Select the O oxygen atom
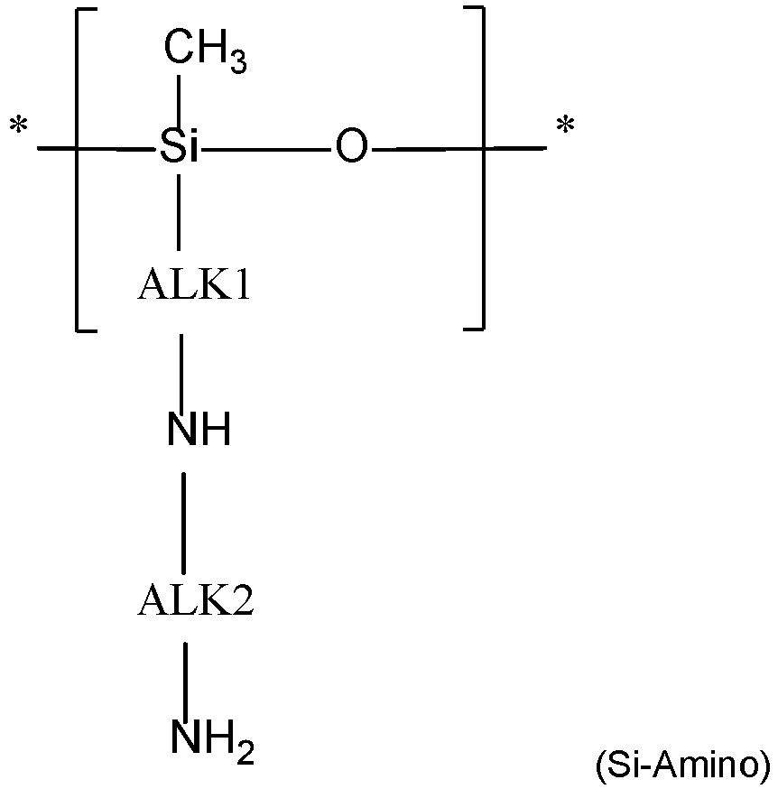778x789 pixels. click(351, 146)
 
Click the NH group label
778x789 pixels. click(199, 431)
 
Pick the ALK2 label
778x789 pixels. click(196, 600)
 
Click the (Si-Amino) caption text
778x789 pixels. click(681, 766)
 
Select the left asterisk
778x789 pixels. click(17, 127)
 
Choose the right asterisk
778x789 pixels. click(565, 127)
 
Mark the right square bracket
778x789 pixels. click(481, 168)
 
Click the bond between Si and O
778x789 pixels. click(266, 147)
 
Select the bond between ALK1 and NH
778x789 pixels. click(182, 372)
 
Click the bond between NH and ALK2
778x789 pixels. click(184, 522)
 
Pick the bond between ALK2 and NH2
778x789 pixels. click(185, 677)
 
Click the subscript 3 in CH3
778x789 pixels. click(237, 65)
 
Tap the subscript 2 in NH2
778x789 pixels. click(245, 750)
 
